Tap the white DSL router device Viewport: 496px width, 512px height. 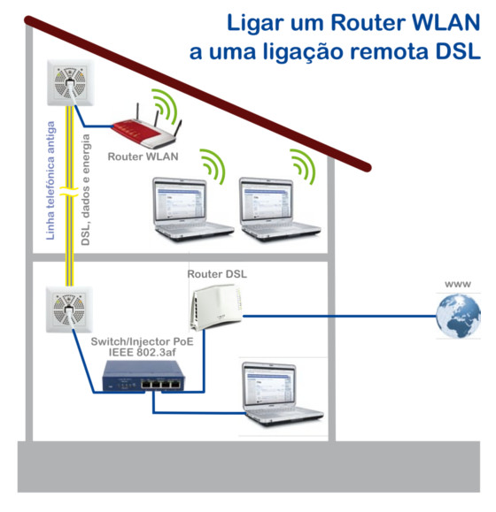[x=216, y=308]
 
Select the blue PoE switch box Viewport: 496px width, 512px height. [x=143, y=376]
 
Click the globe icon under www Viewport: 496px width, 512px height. [x=458, y=316]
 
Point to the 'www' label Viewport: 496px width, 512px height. [x=458, y=284]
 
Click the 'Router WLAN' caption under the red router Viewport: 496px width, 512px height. [x=143, y=157]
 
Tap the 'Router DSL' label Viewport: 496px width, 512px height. [x=217, y=274]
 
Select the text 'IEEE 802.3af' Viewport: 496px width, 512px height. [x=143, y=352]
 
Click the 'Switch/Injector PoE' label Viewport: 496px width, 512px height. [x=143, y=341]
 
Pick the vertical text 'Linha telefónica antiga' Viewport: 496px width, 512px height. [x=50, y=180]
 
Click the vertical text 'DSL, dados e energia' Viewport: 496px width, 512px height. [x=85, y=190]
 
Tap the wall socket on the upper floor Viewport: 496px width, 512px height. [x=70, y=82]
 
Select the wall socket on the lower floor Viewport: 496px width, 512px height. [x=69, y=309]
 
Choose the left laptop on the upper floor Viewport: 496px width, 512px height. [x=194, y=210]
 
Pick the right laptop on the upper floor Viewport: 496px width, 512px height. [x=280, y=210]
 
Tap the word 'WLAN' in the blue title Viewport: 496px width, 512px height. [x=446, y=22]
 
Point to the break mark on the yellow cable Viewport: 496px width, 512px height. [x=69, y=192]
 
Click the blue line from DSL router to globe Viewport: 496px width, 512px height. [x=340, y=316]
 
